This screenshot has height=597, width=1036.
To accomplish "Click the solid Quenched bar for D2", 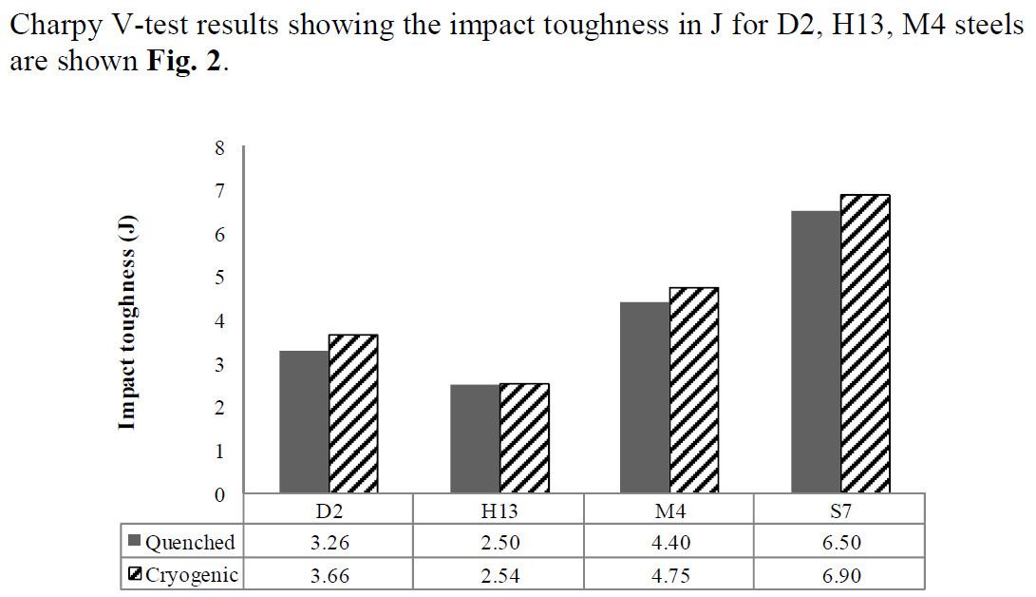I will tap(304, 422).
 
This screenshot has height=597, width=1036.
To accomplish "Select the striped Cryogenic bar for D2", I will tap(353, 414).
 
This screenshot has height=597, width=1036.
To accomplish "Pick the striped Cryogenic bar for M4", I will tap(694, 390).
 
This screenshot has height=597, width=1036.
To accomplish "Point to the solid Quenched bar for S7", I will tap(815, 352).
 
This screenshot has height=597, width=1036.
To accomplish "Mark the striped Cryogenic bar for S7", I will tap(865, 343).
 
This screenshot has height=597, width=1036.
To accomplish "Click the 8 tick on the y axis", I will tap(221, 147).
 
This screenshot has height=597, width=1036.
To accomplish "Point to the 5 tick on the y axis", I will tap(221, 278).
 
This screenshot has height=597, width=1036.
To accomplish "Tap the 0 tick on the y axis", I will tap(221, 494).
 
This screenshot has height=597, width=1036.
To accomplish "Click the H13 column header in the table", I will tap(499, 510).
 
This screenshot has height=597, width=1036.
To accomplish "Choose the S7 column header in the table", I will tap(839, 510).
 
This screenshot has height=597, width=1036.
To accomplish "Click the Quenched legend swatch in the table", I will tap(135, 543).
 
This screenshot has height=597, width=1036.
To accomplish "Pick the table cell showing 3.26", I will tap(329, 543).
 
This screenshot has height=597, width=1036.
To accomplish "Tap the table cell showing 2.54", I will tap(499, 574).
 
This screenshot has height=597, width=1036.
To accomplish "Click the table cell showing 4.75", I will tap(669, 574).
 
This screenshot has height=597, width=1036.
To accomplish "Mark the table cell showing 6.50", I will tap(839, 543).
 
